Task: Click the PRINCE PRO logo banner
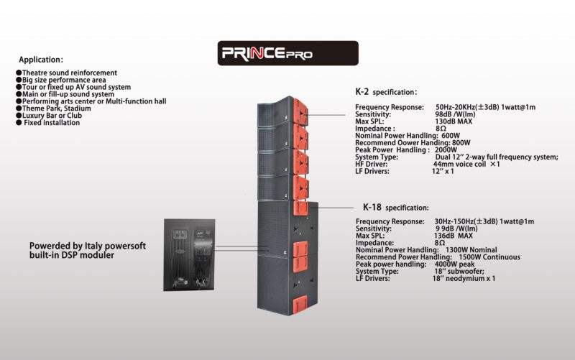click(287, 53)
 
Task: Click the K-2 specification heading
click(386, 92)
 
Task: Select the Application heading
click(41, 60)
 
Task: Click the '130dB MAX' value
click(456, 121)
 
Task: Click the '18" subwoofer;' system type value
click(459, 271)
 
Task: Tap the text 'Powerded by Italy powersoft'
click(87, 246)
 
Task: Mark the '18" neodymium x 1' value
click(464, 278)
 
